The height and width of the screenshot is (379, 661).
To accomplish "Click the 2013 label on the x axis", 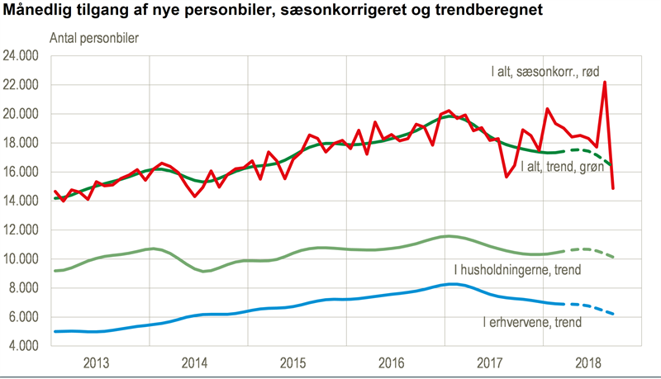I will (x=98, y=362).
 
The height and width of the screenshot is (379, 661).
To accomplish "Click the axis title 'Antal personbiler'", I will (x=93, y=38).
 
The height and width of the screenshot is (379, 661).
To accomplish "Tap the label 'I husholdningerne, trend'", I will (x=516, y=270).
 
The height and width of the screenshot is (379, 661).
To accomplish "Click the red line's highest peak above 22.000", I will (x=605, y=83).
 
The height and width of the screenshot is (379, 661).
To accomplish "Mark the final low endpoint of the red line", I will (x=613, y=188).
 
